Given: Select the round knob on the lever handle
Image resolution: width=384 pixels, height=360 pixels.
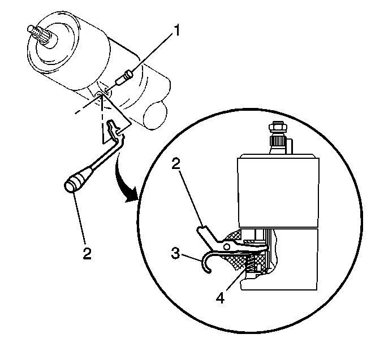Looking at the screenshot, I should (x=71, y=184).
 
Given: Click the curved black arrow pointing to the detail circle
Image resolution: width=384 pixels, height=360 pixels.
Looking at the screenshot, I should (x=124, y=181).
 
